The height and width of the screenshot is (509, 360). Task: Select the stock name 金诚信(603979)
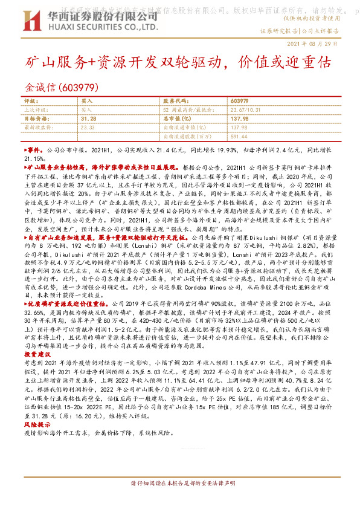tap(59, 87)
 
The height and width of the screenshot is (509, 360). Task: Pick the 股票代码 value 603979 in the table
tap(240, 101)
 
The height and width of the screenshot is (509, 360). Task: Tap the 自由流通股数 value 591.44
tap(240, 137)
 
